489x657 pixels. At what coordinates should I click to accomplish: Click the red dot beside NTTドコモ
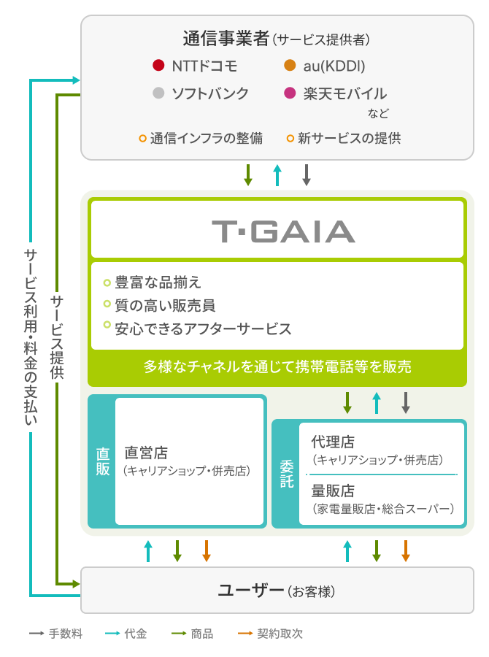tap(158, 66)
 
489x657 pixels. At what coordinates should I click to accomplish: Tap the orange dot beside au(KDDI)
tap(290, 66)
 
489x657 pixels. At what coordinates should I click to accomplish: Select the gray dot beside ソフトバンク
tap(158, 93)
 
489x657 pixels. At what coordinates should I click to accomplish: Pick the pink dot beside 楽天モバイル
tap(290, 93)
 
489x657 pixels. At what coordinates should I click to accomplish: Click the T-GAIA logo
tap(283, 231)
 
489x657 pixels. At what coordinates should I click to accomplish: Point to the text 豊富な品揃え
tap(158, 282)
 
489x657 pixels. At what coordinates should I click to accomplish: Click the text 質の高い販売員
tap(165, 305)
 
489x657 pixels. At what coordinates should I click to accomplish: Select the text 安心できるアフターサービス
tap(203, 329)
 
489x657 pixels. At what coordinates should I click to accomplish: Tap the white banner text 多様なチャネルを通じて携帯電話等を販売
tap(277, 366)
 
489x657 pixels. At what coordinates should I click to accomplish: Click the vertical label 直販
tap(103, 461)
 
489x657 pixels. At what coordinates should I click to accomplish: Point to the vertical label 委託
tap(287, 474)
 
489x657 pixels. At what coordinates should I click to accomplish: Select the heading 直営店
tap(146, 453)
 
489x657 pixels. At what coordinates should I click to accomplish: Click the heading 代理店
tap(333, 442)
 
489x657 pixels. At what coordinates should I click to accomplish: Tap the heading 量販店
tap(333, 491)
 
